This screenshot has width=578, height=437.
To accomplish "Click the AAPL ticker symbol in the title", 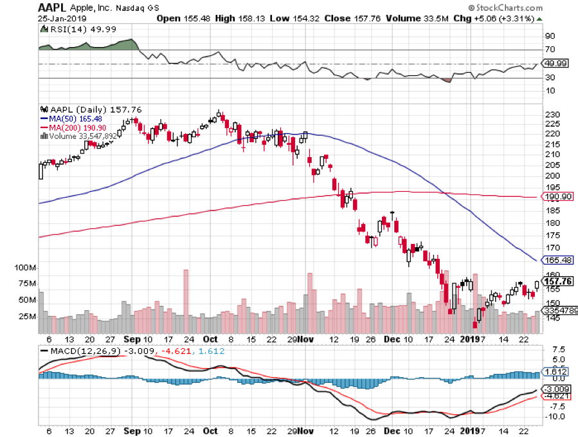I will pos(52,8).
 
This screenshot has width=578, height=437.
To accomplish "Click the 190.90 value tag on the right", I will pos(557,198).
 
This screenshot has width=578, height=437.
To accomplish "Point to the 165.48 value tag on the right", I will pos(557,260).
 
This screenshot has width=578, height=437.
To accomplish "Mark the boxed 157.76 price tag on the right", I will pos(558,281).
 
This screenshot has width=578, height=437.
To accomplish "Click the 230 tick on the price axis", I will pos(551,115).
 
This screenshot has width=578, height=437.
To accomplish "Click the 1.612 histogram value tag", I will pos(554,373).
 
